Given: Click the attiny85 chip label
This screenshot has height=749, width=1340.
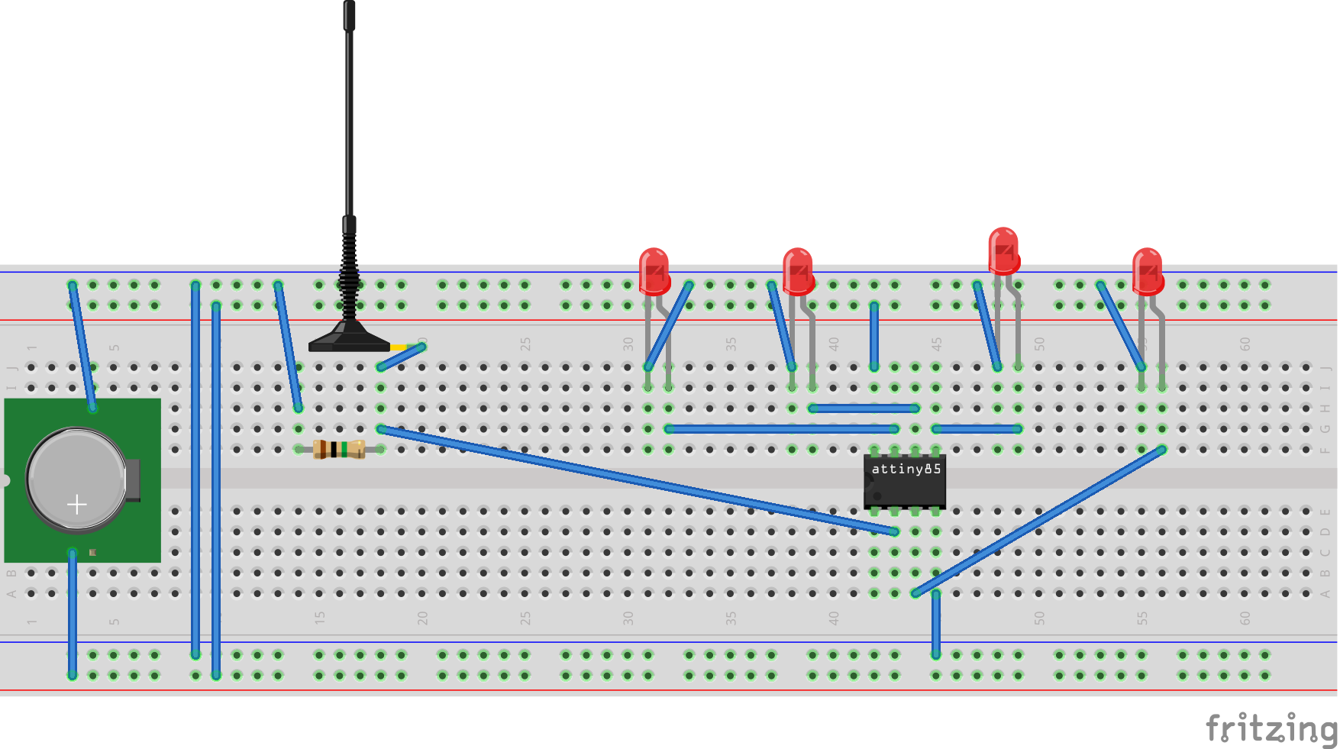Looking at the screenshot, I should click(x=906, y=469).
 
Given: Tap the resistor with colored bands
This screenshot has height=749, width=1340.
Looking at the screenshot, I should click(x=339, y=449).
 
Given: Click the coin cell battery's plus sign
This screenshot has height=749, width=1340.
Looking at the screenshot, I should click(x=76, y=505).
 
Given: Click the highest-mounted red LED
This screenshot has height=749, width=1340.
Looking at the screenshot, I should click(x=1003, y=250).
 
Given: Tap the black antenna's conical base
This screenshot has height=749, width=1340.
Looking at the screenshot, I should click(x=349, y=337).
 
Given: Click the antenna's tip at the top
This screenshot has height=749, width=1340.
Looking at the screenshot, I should click(x=349, y=11).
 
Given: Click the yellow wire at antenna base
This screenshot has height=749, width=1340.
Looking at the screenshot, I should click(x=399, y=348).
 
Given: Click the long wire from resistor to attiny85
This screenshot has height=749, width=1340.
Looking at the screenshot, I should click(x=634, y=479).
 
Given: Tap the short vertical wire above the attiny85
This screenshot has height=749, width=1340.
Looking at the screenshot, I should click(x=874, y=336).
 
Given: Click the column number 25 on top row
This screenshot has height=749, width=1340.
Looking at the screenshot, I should click(x=525, y=344).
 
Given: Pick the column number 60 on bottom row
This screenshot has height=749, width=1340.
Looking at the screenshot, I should click(x=1245, y=618).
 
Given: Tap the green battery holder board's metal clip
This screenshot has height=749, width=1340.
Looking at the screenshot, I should click(x=133, y=479).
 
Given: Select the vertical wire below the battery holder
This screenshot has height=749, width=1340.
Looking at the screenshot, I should click(x=73, y=611).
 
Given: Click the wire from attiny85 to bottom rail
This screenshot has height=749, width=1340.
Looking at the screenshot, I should click(x=935, y=622).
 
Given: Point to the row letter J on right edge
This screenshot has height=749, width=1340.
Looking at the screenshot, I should click(x=1325, y=368).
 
